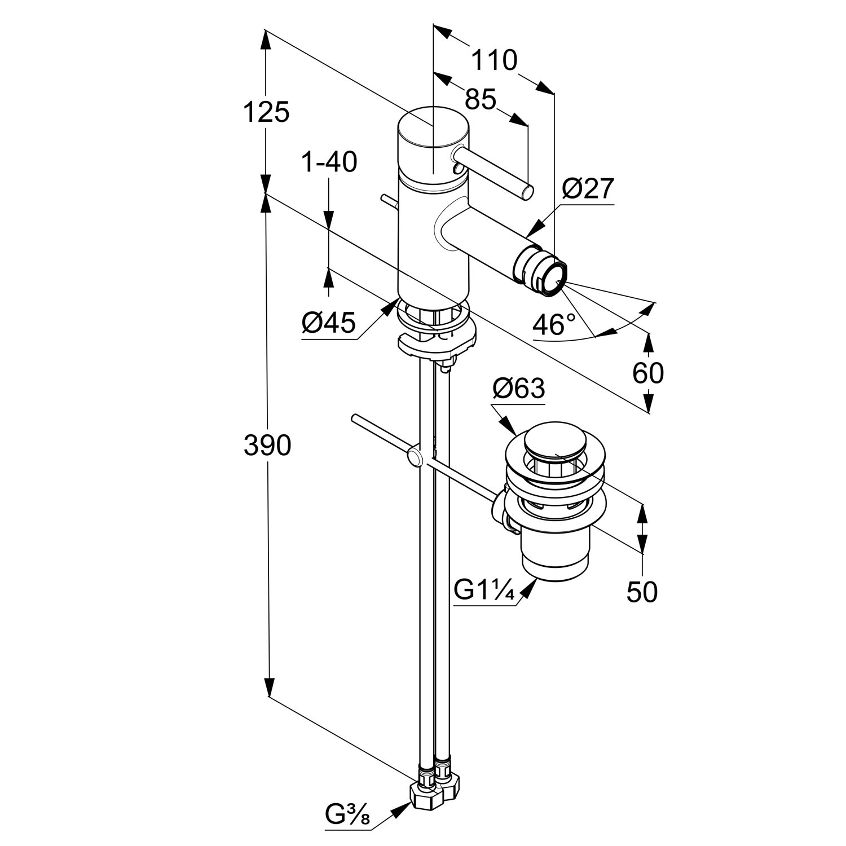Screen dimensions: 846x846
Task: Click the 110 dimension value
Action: (x=493, y=60)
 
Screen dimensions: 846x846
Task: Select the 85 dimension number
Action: (x=480, y=100)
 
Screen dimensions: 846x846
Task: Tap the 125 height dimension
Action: (x=266, y=112)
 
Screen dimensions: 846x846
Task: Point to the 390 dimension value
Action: (x=267, y=446)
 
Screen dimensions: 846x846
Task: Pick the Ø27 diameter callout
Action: (x=587, y=189)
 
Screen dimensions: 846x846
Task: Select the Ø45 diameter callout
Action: (x=329, y=324)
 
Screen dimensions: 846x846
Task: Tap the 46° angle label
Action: (x=554, y=325)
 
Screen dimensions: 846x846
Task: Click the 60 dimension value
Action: (x=648, y=373)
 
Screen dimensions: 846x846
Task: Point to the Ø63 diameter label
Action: (x=518, y=388)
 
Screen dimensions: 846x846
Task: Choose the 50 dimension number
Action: (x=642, y=592)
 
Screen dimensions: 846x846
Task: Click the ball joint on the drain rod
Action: (x=415, y=457)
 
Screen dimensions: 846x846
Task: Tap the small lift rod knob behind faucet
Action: (x=389, y=201)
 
